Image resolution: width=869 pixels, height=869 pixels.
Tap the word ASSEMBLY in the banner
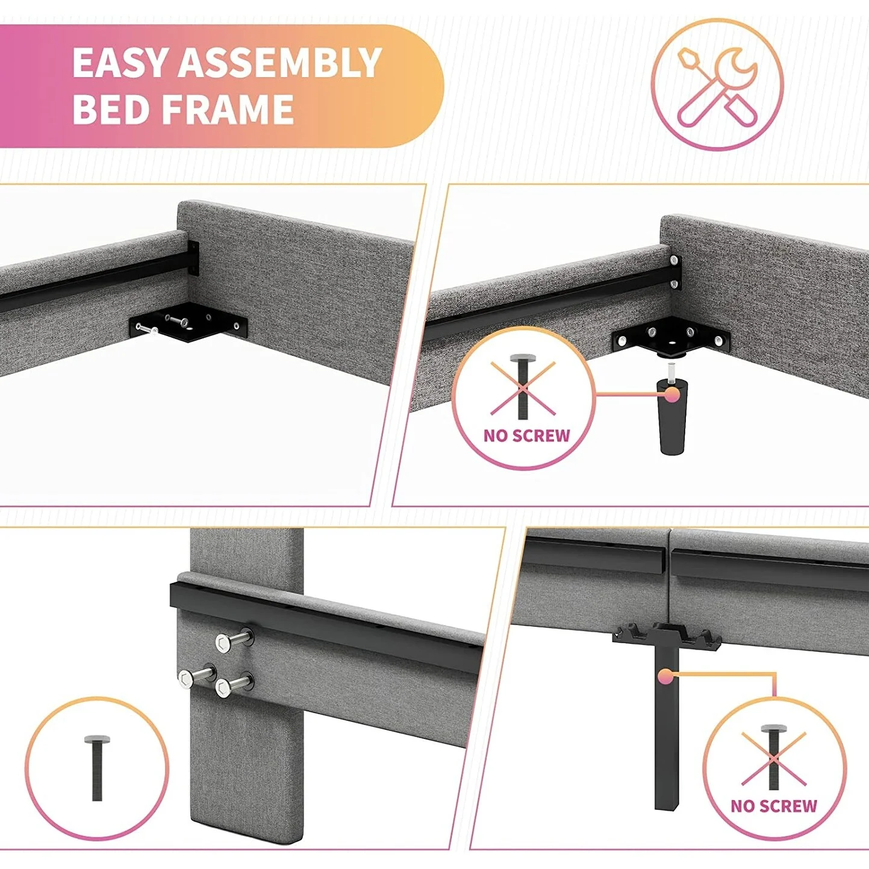[x=280, y=63]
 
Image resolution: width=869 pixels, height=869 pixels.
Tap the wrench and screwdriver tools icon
[x=717, y=86]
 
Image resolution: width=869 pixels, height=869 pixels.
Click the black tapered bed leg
[x=673, y=416]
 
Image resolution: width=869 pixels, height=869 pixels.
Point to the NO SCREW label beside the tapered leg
[x=527, y=435]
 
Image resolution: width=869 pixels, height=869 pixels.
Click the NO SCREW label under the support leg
[x=774, y=806]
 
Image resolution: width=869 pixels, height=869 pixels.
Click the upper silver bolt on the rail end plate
[x=674, y=260]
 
